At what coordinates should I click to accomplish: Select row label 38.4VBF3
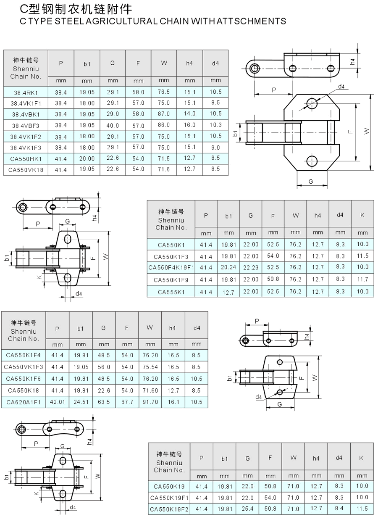pos(26,125)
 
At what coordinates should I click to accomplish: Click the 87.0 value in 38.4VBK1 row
pos(164,114)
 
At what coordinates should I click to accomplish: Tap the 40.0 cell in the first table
pos(113,125)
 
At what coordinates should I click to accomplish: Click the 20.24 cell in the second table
pos(228,267)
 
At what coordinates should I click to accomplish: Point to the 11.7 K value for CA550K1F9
pos(362,279)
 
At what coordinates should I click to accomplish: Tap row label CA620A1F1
pos(24,402)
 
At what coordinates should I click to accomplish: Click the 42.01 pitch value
pos(58,402)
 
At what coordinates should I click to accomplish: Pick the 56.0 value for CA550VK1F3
pos(104,367)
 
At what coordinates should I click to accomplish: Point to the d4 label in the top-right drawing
pos(341,87)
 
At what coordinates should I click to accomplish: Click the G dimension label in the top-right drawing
pos(311,182)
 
